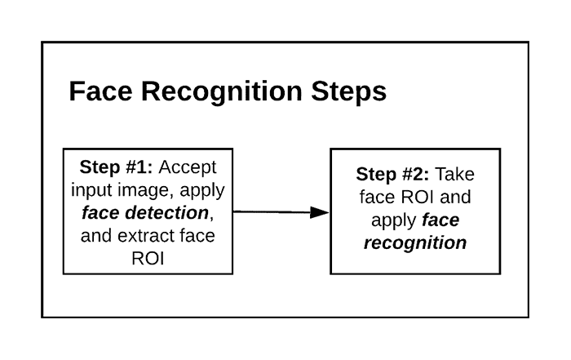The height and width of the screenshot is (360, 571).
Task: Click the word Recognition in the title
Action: (x=222, y=91)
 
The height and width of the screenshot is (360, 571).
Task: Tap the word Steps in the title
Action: (x=349, y=91)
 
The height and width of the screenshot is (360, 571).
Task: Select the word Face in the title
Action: (x=100, y=91)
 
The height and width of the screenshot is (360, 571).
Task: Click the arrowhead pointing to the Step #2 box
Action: (x=320, y=212)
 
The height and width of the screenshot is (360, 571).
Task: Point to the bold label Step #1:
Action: (x=116, y=167)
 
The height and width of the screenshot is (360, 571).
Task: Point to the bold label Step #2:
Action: (x=392, y=174)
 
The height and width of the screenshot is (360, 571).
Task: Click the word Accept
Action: (x=188, y=168)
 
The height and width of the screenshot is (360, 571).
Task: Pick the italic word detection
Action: (x=166, y=213)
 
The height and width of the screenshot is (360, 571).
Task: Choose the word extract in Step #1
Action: (x=146, y=235)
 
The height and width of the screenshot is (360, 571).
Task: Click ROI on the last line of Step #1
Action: (x=148, y=258)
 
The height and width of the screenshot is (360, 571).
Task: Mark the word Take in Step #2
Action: (x=455, y=174)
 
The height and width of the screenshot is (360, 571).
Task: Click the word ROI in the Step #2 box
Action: (x=418, y=197)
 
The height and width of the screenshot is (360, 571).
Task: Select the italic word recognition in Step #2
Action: (x=415, y=243)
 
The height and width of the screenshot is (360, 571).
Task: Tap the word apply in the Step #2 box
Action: (x=394, y=220)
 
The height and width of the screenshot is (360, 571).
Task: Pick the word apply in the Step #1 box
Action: (x=202, y=191)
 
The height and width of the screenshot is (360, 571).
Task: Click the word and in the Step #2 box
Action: (x=455, y=197)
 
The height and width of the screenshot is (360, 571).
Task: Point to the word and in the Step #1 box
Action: (x=96, y=235)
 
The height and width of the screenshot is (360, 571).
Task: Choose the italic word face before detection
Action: (x=101, y=213)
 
